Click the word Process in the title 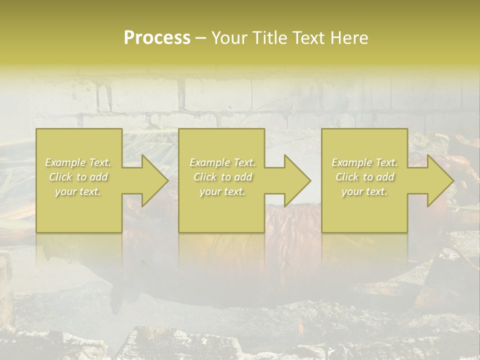[157, 38]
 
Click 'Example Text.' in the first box [78, 162]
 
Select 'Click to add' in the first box [78, 177]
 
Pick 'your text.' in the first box [78, 191]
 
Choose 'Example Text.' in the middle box [222, 162]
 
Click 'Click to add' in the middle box [222, 177]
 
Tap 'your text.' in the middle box [222, 191]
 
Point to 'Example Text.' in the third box [364, 162]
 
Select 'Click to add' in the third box [364, 177]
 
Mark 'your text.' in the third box [364, 191]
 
